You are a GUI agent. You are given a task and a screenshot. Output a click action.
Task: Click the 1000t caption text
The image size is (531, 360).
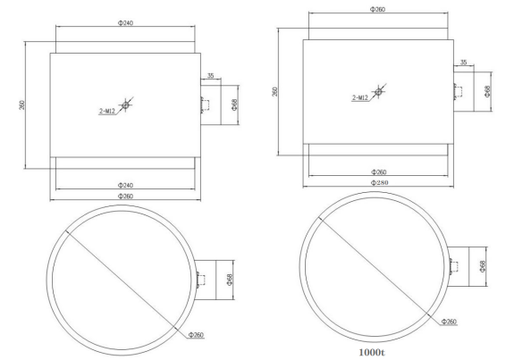(x=372, y=352)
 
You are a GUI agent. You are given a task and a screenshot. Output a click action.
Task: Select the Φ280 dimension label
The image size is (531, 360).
(x=379, y=183)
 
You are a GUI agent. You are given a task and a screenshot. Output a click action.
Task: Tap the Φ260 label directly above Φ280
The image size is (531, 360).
(x=379, y=172)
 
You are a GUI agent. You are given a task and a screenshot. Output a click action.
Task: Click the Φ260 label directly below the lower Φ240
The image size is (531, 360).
(x=126, y=196)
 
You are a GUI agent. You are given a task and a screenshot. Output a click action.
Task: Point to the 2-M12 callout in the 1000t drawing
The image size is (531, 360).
(x=360, y=97)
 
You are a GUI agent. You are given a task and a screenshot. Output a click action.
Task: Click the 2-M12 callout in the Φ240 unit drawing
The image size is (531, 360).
(x=107, y=111)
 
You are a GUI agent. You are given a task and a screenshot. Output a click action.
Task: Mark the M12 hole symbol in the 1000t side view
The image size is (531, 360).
(x=379, y=91)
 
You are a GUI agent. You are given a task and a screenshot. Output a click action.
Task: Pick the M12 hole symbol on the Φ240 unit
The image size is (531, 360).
(x=126, y=105)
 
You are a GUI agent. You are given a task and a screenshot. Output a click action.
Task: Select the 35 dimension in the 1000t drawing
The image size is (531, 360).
(x=464, y=63)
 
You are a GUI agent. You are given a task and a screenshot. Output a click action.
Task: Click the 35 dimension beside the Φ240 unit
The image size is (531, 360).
(x=210, y=75)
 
